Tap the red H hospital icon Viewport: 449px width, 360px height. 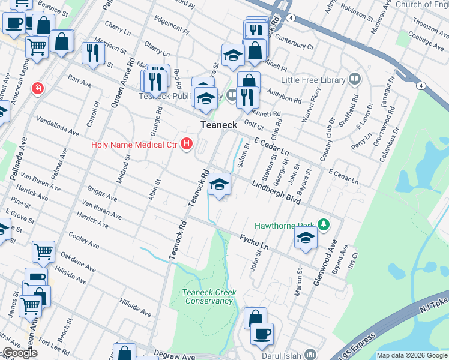pyautogui.click(x=187, y=144)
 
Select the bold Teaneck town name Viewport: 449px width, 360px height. pyautogui.click(x=218, y=125)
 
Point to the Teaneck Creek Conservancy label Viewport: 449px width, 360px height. pyautogui.click(x=209, y=296)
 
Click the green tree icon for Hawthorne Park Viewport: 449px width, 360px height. pyautogui.click(x=324, y=225)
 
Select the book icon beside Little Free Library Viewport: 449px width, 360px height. pyautogui.click(x=355, y=80)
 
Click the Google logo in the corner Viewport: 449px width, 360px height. pyautogui.click(x=20, y=353)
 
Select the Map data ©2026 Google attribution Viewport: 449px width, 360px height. pyautogui.click(x=412, y=355)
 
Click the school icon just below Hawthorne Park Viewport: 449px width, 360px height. pyautogui.click(x=306, y=239)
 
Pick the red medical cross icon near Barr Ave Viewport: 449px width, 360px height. pyautogui.click(x=38, y=89)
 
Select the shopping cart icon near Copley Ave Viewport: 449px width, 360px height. pyautogui.click(x=43, y=253)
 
